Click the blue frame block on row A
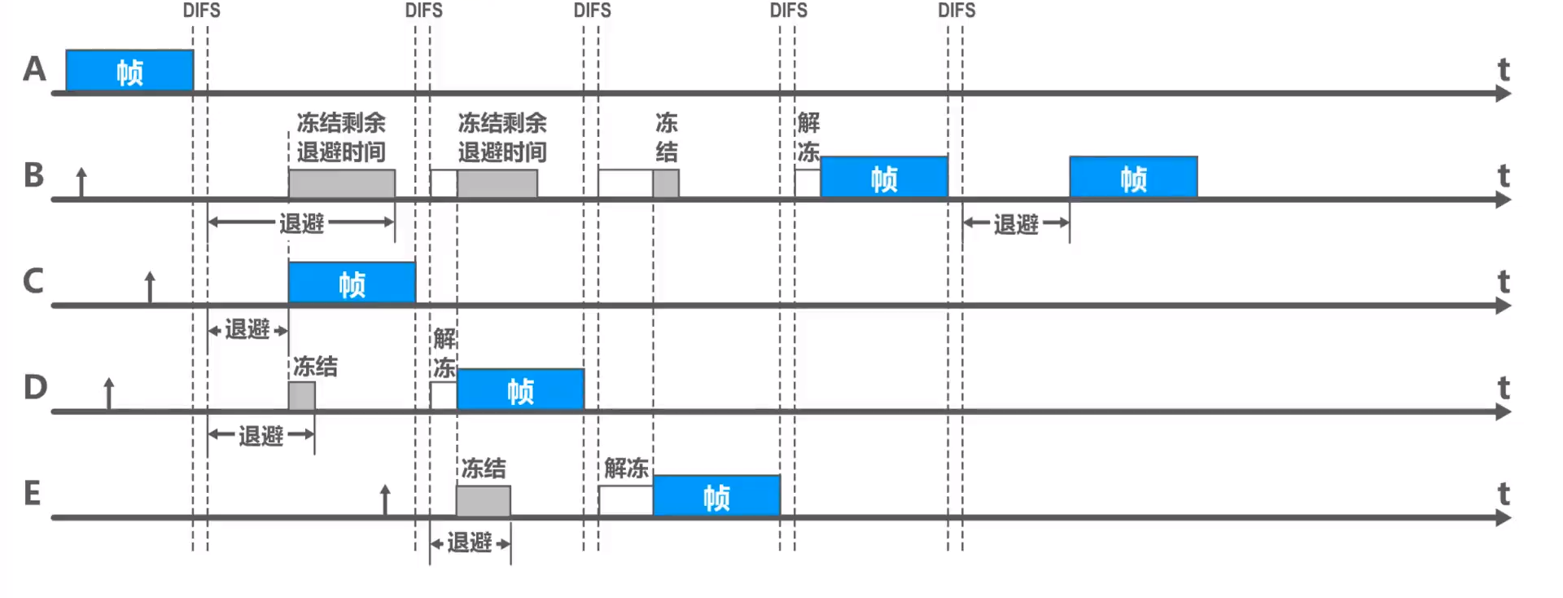[x=129, y=71]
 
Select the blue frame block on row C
[x=352, y=283]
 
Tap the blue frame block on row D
[x=520, y=389]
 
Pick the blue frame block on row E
[x=716, y=495]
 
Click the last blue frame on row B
[x=1133, y=178]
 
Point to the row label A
[x=34, y=69]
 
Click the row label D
[x=35, y=387]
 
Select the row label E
[x=33, y=493]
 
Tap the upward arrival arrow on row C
[x=150, y=287]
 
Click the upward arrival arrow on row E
[x=385, y=499]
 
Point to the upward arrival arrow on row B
[x=81, y=181]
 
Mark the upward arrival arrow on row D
[x=109, y=393]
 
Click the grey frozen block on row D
[x=302, y=396]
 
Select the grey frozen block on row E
[x=483, y=500]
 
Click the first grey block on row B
[x=342, y=183]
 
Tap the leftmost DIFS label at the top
[x=201, y=11]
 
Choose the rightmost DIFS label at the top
[x=957, y=11]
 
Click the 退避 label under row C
[x=247, y=330]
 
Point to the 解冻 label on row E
[x=626, y=468]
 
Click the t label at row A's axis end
[x=1504, y=70]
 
